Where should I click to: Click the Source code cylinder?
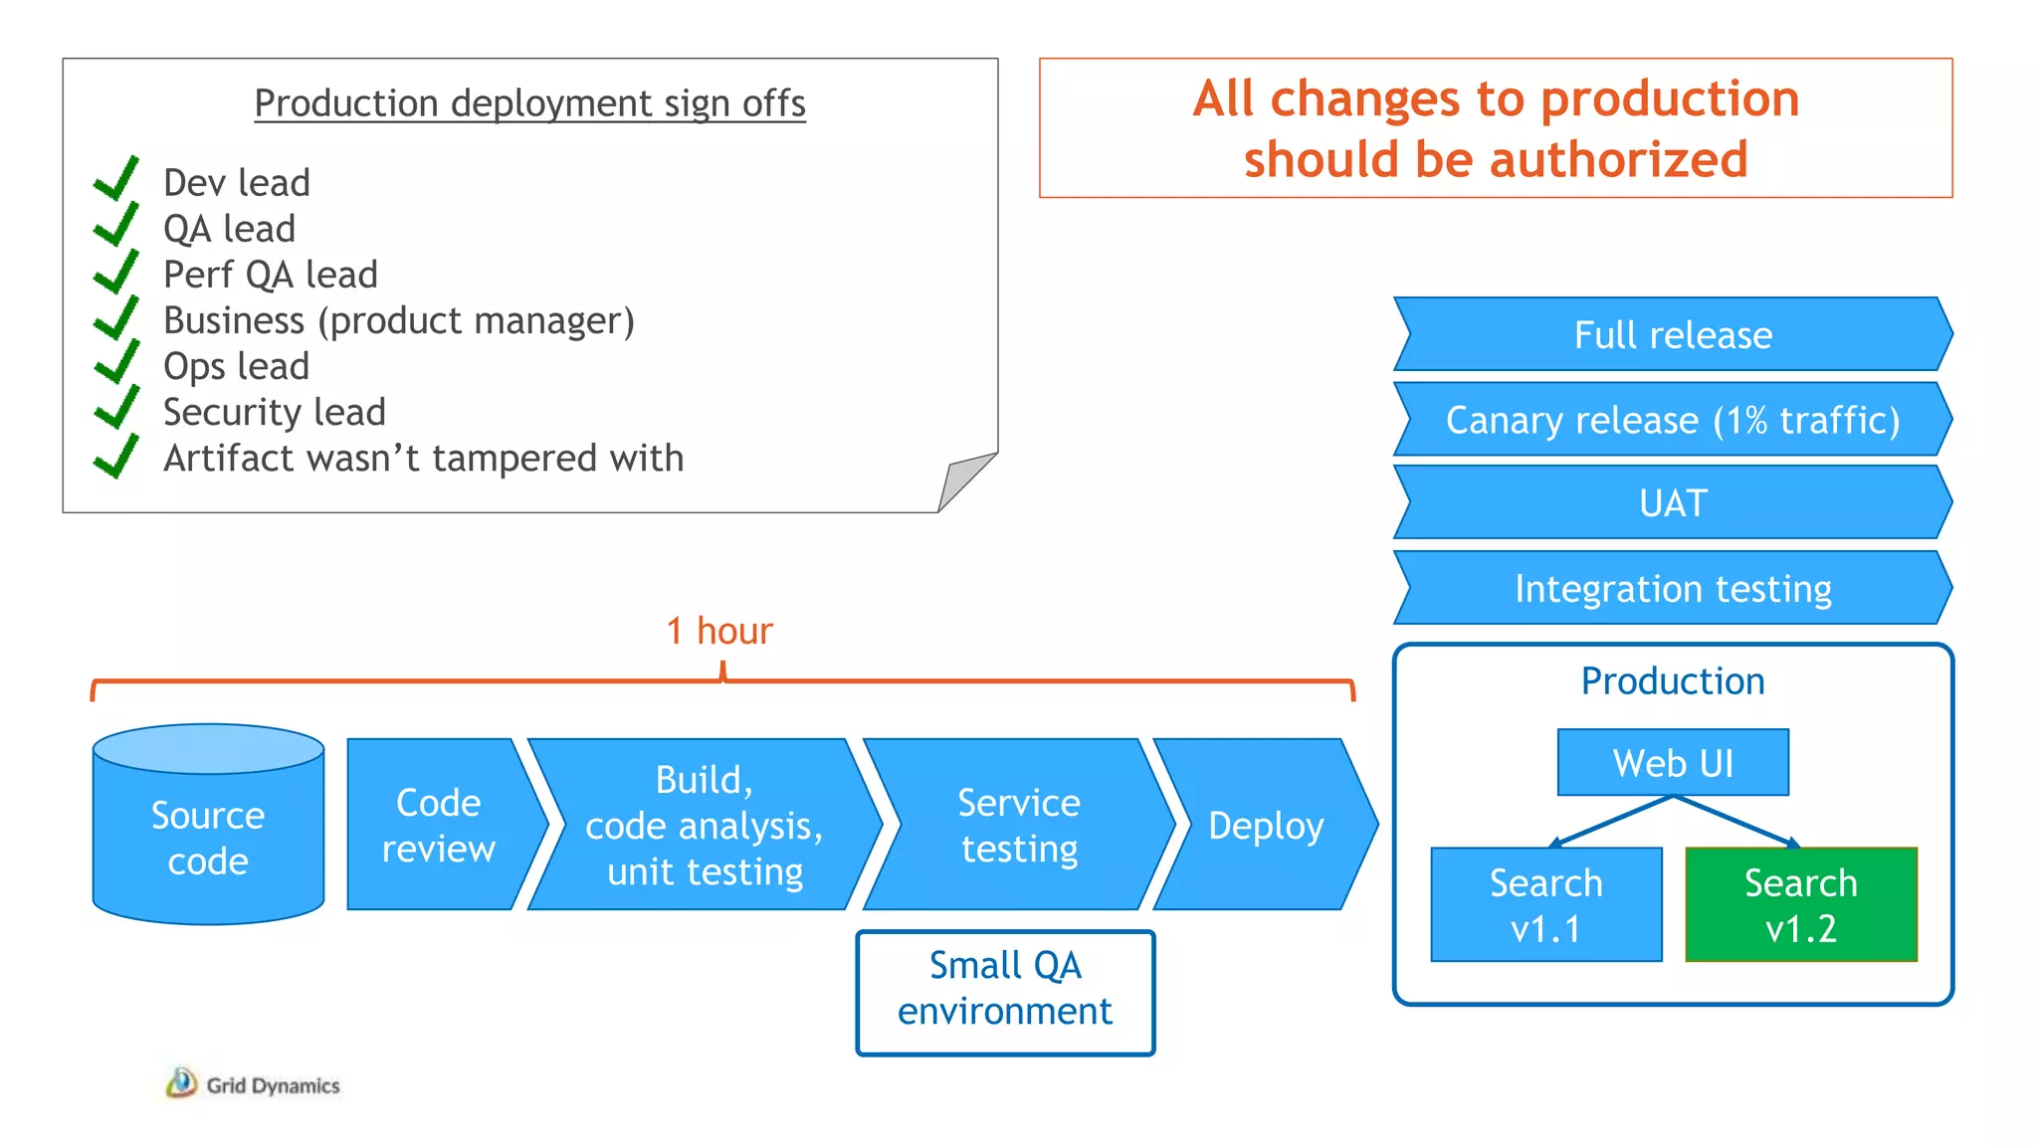(x=208, y=836)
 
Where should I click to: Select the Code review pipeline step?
(x=438, y=825)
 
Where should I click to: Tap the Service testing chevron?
(x=1019, y=825)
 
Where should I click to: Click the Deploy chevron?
(x=1265, y=825)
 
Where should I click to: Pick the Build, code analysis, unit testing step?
(x=705, y=825)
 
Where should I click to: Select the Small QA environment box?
(x=1005, y=990)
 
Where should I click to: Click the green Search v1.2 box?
(x=1801, y=904)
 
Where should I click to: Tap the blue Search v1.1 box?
(x=1545, y=904)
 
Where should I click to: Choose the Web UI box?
(x=1673, y=763)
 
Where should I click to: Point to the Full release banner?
(x=1673, y=334)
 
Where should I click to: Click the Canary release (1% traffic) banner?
(x=1673, y=420)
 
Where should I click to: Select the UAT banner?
(x=1673, y=503)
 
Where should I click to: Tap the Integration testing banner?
(x=1673, y=588)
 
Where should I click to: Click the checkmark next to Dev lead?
(x=117, y=179)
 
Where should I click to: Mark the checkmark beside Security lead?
(x=117, y=408)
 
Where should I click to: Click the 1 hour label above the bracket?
(x=719, y=631)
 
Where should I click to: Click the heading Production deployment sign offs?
(x=529, y=103)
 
